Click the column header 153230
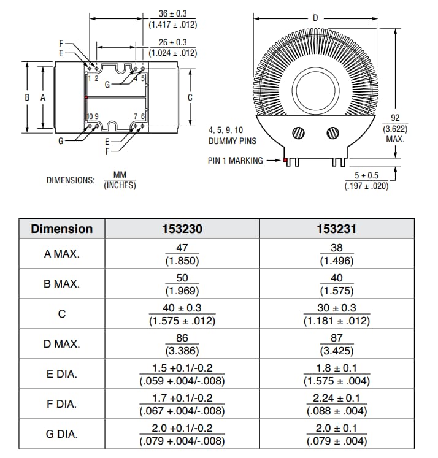(x=182, y=229)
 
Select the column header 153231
(x=337, y=229)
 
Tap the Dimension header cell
(x=62, y=229)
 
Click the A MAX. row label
(x=62, y=254)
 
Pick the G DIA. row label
(x=62, y=434)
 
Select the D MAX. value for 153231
(x=337, y=344)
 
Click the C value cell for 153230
(x=182, y=314)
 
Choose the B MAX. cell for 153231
(x=337, y=284)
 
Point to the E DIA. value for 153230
(x=182, y=374)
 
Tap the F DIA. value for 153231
(x=337, y=404)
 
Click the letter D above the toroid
(x=316, y=18)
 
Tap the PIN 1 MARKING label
(x=236, y=161)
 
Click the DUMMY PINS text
(x=232, y=141)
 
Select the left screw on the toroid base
(x=299, y=132)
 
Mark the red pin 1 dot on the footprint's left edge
(x=86, y=97)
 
